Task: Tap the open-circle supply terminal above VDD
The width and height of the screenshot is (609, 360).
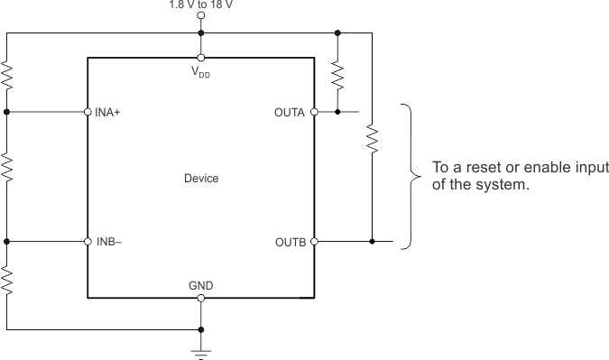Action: pyautogui.click(x=200, y=15)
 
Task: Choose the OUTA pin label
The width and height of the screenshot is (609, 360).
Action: pyautogui.click(x=291, y=113)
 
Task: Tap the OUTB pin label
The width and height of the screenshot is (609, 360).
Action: pyautogui.click(x=291, y=242)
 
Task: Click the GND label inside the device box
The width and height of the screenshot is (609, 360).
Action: pyautogui.click(x=200, y=285)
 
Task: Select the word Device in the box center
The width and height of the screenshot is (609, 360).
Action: pyautogui.click(x=200, y=179)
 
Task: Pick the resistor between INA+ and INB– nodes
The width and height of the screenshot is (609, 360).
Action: pyautogui.click(x=7, y=168)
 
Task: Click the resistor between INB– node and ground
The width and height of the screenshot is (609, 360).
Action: pyautogui.click(x=7, y=282)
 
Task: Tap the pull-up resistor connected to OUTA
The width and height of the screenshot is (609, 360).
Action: pyautogui.click(x=337, y=76)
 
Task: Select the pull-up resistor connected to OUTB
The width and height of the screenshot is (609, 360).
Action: pyautogui.click(x=371, y=139)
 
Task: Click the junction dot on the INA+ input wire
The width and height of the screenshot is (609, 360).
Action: pyautogui.click(x=7, y=113)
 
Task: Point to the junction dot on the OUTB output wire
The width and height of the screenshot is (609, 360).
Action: pyautogui.click(x=371, y=242)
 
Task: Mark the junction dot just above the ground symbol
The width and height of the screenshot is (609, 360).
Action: pyautogui.click(x=200, y=329)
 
